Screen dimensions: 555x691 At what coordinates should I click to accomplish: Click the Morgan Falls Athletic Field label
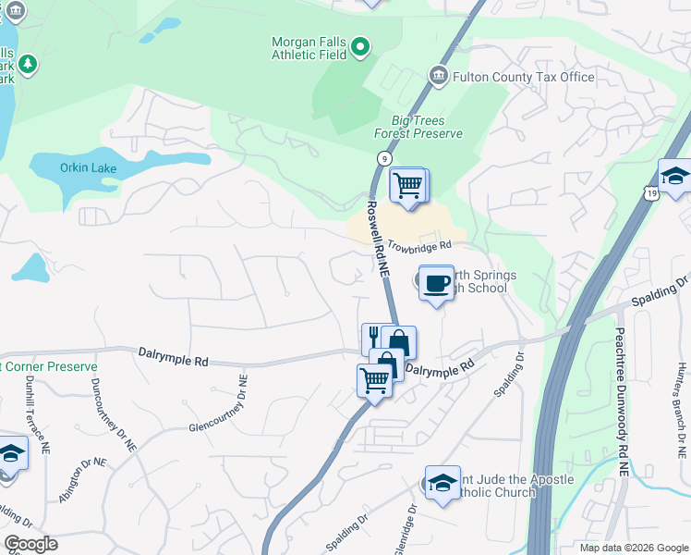309,47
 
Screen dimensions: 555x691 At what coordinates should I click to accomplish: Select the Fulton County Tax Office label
523,77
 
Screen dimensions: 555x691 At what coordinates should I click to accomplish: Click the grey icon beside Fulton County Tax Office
437,75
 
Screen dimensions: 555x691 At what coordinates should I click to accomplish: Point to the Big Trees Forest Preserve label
418,127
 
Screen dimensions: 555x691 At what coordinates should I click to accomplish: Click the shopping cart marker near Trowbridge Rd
407,185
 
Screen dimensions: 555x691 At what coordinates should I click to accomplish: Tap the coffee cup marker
436,282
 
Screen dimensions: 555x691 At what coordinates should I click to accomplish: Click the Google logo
30,544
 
